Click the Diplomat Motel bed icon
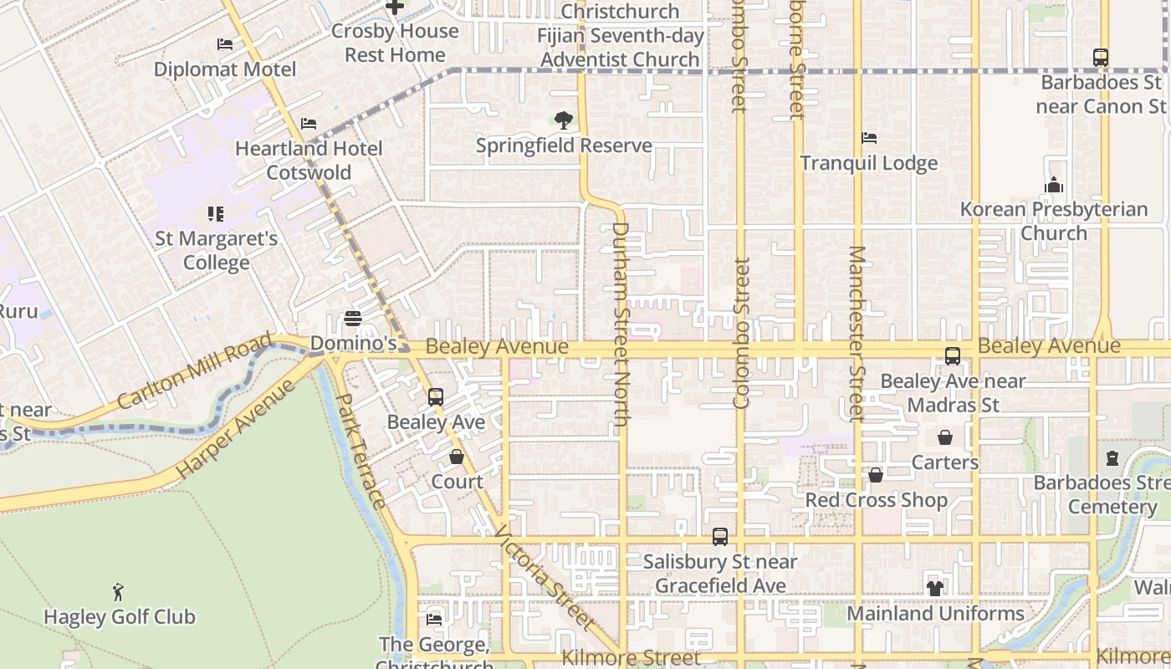(x=224, y=44)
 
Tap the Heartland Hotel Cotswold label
(x=309, y=161)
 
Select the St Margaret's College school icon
(x=216, y=214)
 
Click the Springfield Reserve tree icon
(x=564, y=120)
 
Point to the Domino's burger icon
(x=353, y=319)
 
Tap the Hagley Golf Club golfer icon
(x=118, y=592)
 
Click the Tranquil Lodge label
(x=869, y=163)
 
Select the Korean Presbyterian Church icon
(x=1054, y=185)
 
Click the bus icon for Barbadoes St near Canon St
(x=1101, y=58)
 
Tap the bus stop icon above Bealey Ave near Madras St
(x=953, y=356)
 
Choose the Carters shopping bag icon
(x=945, y=437)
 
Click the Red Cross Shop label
(x=876, y=500)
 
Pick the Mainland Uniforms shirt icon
(x=935, y=589)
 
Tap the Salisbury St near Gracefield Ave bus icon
(x=720, y=537)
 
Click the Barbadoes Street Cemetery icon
(x=1112, y=458)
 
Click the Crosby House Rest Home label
(x=395, y=43)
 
